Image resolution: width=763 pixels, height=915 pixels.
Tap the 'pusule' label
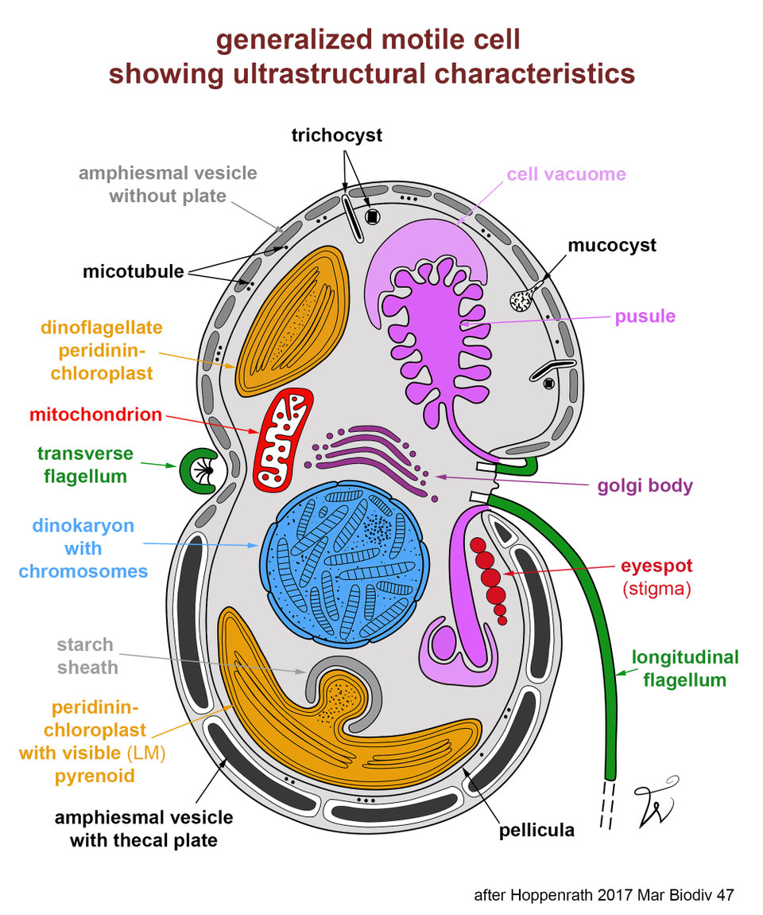(645, 316)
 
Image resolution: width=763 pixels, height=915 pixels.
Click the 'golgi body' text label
(645, 485)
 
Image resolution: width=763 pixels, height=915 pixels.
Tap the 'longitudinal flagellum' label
(684, 668)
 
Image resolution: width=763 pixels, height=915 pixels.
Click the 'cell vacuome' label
(566, 173)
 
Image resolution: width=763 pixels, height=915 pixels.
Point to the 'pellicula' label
(536, 831)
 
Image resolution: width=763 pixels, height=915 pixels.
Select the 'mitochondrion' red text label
(95, 415)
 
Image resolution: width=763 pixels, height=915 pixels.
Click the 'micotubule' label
(134, 272)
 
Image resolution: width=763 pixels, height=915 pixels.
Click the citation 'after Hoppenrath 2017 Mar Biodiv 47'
(603, 895)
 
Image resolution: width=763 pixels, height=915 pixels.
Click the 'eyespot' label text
(656, 566)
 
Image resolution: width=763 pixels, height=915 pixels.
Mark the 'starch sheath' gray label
(87, 656)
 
